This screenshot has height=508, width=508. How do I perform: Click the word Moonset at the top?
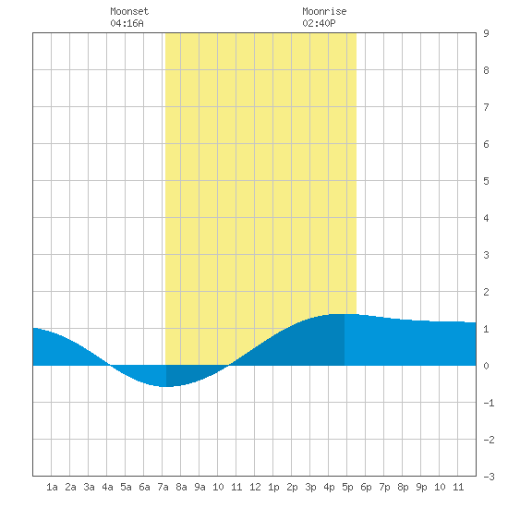(x=129, y=11)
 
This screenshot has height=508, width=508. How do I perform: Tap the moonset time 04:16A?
(x=127, y=23)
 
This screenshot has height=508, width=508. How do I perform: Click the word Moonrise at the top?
(x=324, y=11)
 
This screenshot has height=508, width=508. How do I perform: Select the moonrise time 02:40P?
(x=320, y=23)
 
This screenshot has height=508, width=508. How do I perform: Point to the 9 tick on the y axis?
(x=486, y=33)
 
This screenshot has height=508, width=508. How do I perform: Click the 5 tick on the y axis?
(x=486, y=181)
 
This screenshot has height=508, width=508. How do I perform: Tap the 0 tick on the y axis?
(x=486, y=366)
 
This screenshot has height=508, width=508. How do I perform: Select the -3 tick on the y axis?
(x=489, y=477)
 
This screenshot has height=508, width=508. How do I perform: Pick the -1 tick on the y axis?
(x=489, y=403)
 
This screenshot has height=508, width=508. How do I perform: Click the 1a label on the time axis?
(x=52, y=487)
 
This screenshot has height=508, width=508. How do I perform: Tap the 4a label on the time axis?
(x=107, y=487)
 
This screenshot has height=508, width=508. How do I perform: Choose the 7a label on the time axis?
(x=163, y=487)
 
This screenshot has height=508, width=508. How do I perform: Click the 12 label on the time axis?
(x=255, y=487)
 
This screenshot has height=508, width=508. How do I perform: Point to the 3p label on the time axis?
(x=310, y=487)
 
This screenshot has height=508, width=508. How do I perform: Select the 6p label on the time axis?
(x=366, y=487)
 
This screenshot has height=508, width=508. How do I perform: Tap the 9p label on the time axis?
(x=421, y=487)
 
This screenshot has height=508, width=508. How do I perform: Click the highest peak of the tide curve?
(x=340, y=314)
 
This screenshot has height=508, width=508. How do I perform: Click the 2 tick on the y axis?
(x=486, y=292)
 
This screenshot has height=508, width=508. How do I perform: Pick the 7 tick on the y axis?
(x=486, y=107)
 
